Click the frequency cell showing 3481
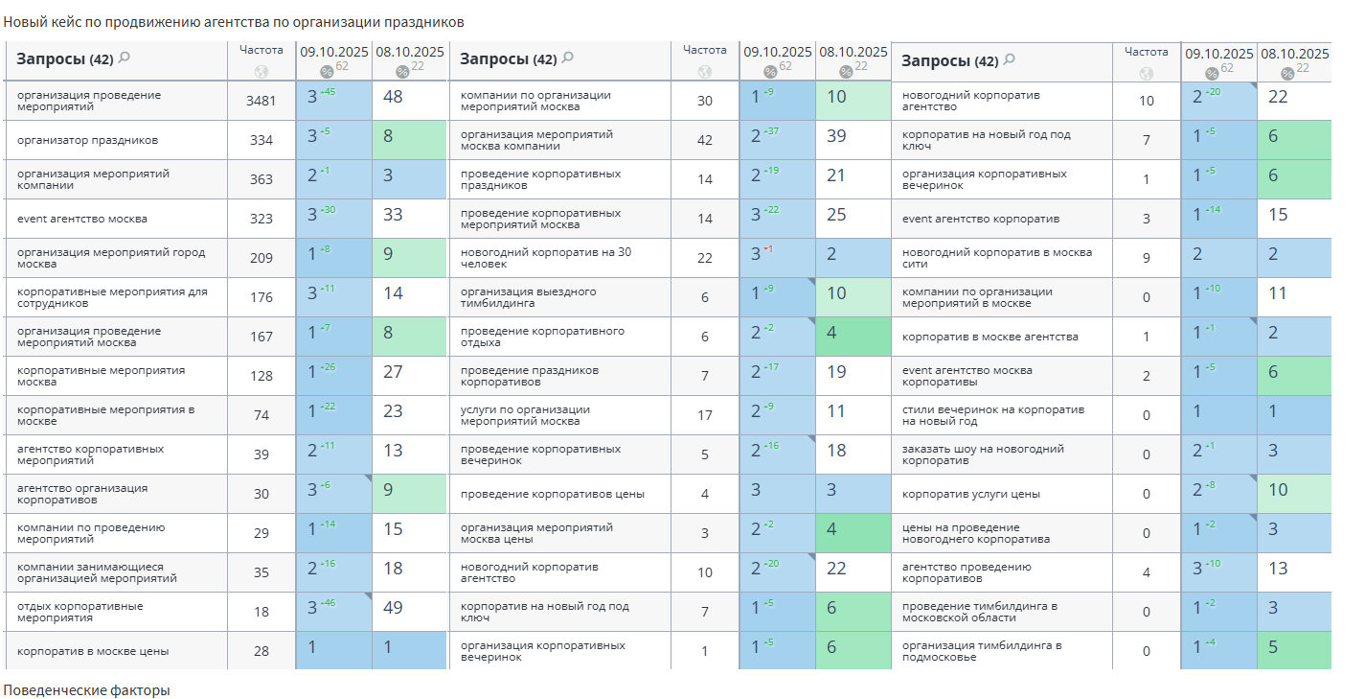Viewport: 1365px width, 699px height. pyautogui.click(x=261, y=101)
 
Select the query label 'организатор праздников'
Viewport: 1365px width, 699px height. pyautogui.click(x=87, y=140)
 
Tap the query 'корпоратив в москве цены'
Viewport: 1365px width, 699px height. pyautogui.click(x=93, y=651)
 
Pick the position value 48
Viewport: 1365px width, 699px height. pyautogui.click(x=393, y=97)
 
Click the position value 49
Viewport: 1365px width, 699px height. pyautogui.click(x=393, y=608)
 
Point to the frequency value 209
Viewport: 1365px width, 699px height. pyautogui.click(x=261, y=258)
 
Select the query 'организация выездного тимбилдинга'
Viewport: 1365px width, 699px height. pyautogui.click(x=528, y=297)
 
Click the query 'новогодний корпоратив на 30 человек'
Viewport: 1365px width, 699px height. pyautogui.click(x=545, y=258)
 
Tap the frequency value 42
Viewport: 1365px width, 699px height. pyautogui.click(x=705, y=140)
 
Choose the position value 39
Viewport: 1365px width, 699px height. pyautogui.click(x=836, y=136)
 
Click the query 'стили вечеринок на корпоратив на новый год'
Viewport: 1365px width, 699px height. pyautogui.click(x=992, y=415)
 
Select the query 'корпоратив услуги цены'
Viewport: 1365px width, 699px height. pyautogui.click(x=971, y=494)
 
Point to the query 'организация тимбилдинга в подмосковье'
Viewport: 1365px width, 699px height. pyautogui.click(x=981, y=651)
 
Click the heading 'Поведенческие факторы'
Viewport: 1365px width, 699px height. pyautogui.click(x=86, y=690)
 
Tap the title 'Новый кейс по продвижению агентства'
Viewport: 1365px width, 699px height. pyautogui.click(x=234, y=21)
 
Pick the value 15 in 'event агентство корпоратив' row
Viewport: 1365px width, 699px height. pyautogui.click(x=1278, y=215)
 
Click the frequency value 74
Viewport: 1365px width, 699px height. pyautogui.click(x=261, y=415)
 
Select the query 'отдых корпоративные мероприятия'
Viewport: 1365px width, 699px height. pyautogui.click(x=80, y=612)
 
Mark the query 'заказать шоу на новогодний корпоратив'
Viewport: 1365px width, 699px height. pyautogui.click(x=983, y=454)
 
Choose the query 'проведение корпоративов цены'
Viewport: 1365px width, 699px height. pyautogui.click(x=552, y=494)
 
